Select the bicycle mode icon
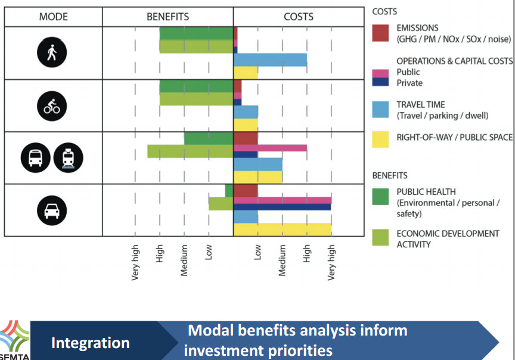52,106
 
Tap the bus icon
35,158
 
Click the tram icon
68,158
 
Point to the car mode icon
52,210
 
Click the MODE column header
53,17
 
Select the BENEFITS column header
167,17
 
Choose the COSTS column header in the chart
298,17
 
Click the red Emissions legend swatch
381,33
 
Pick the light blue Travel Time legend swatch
381,110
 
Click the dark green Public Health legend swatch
381,197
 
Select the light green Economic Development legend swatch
381,238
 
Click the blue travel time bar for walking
270,60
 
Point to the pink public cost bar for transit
270,147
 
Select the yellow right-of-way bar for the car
282,229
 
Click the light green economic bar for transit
190,151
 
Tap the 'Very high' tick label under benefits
135,262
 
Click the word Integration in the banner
90,343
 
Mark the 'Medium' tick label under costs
283,260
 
